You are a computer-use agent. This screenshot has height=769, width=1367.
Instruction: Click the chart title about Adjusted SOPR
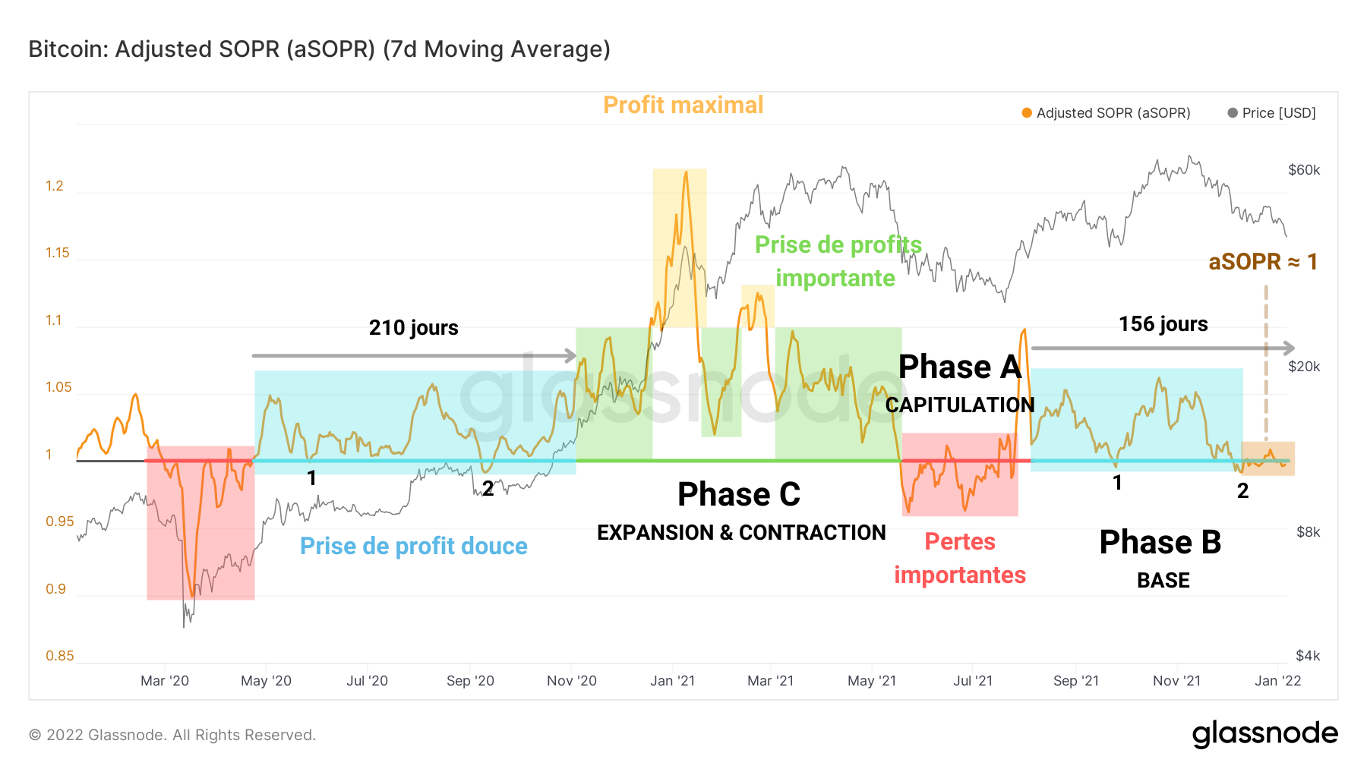point(319,49)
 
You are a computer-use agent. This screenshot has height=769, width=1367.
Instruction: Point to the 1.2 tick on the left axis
point(55,186)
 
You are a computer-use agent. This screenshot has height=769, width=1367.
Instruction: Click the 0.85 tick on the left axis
point(59,656)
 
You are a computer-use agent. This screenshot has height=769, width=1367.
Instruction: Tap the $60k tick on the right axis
point(1304,170)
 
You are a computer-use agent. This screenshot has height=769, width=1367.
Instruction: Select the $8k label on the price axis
point(1308,532)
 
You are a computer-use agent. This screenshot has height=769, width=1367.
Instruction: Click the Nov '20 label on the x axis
point(571,681)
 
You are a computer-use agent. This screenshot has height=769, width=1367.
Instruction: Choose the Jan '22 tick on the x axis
point(1277,681)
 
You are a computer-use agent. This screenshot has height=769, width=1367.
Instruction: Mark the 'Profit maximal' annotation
point(683,106)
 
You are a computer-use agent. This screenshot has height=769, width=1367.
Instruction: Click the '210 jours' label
point(413,328)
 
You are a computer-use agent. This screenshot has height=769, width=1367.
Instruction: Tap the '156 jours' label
point(1163,324)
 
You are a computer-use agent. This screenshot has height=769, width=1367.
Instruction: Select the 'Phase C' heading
point(738,495)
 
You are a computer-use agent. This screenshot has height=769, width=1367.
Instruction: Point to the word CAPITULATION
point(960,405)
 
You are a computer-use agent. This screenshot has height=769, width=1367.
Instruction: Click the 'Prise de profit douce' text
point(413,547)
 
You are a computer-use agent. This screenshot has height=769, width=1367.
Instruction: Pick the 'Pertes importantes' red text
point(960,559)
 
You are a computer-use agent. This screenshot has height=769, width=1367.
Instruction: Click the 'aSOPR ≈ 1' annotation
point(1262,262)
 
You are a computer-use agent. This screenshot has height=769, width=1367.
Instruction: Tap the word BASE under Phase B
point(1163,581)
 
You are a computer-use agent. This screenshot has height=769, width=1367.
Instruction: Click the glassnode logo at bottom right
point(1264,734)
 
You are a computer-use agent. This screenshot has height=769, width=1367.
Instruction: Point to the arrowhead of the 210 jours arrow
point(571,355)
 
